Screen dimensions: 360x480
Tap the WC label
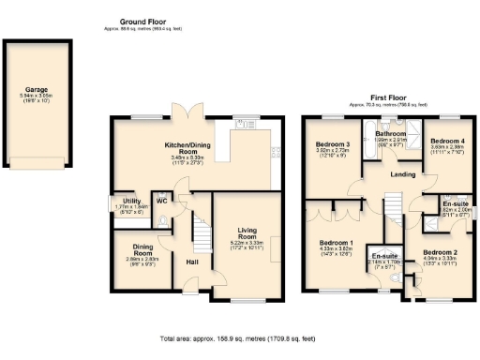coord(161,200)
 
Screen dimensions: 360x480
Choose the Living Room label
coord(247,232)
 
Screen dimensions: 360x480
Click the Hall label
coord(191,262)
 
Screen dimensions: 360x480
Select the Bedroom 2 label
coord(439,252)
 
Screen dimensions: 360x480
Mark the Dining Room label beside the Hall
coord(143,249)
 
